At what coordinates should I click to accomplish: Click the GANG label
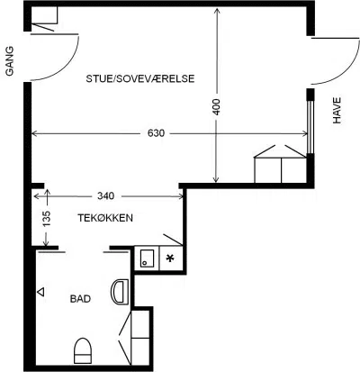10,61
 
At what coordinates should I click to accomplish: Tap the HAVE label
337,111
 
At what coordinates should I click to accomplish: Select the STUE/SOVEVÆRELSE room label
140,78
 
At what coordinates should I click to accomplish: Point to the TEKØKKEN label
105,218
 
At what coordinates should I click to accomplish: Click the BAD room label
80,299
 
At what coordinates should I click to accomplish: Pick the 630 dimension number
157,133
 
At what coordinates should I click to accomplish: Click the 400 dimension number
216,107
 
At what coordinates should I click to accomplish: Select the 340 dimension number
106,196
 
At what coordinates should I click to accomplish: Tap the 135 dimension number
47,219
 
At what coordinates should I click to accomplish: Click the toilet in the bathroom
83,350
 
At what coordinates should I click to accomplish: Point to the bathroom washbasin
120,292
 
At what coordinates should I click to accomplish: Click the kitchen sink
147,259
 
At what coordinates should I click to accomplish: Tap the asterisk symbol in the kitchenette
170,258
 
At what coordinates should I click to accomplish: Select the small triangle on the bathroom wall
40,292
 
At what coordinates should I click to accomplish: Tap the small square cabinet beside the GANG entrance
44,15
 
